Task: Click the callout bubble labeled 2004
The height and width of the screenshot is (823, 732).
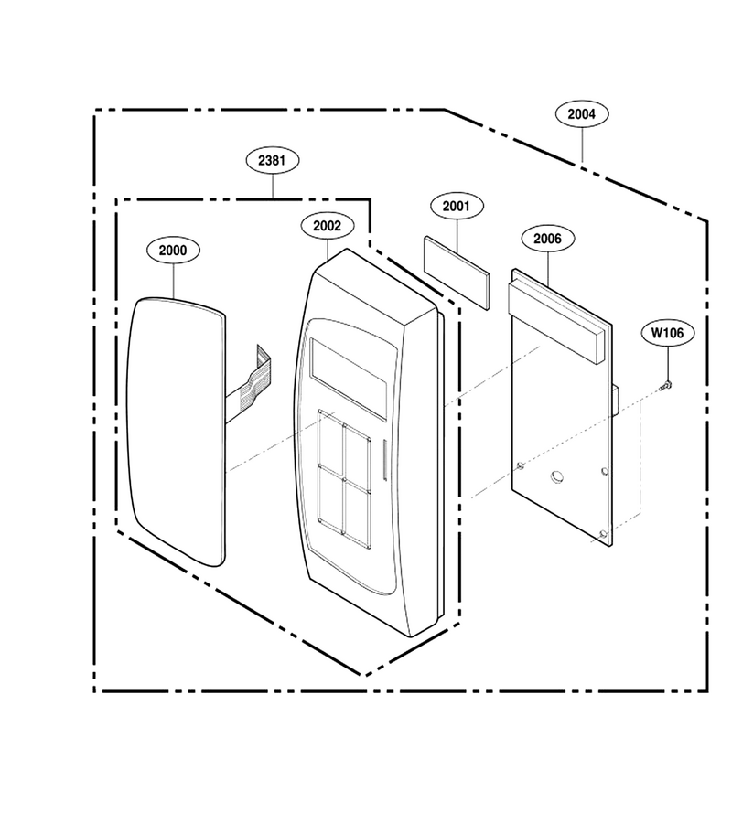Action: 582,114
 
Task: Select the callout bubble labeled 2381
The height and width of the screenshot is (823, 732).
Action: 273,160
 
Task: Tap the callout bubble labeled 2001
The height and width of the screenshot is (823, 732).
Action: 457,207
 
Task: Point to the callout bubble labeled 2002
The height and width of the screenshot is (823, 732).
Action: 328,226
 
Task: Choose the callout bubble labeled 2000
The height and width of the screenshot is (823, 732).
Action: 173,251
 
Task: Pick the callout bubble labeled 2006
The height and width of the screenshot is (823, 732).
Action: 548,239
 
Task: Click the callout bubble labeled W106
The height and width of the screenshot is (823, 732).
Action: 668,333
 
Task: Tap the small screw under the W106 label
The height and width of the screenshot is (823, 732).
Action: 666,385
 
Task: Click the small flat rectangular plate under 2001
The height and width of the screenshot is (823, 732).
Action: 457,273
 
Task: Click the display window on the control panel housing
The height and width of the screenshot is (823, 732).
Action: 350,378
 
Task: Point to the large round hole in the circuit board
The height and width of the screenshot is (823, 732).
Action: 557,477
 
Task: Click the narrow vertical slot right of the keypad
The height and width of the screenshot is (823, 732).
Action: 384,460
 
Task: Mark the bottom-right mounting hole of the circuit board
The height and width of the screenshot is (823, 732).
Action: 603,534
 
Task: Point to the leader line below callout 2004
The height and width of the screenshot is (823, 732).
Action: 582,144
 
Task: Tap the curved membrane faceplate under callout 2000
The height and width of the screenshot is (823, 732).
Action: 176,432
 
